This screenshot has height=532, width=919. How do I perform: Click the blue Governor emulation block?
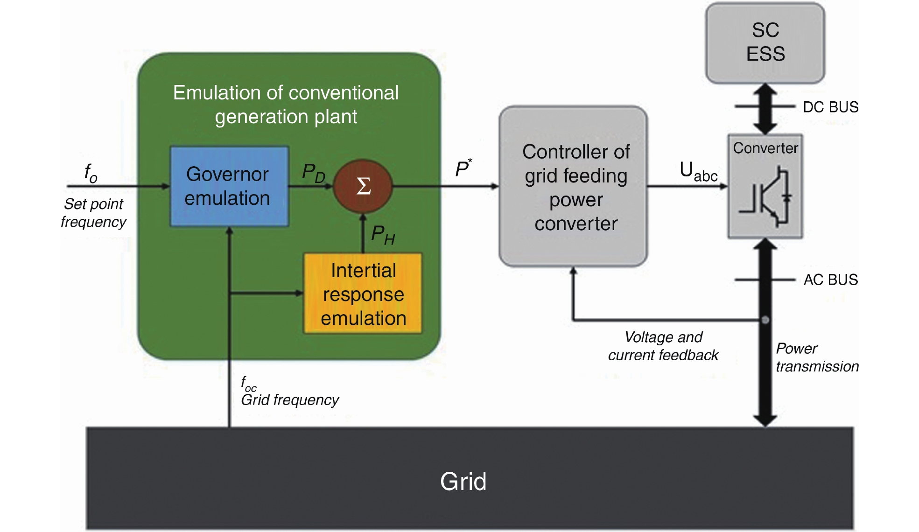pyautogui.click(x=229, y=186)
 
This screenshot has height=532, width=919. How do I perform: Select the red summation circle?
pyautogui.click(x=363, y=186)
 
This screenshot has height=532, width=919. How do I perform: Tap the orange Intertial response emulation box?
pyautogui.click(x=363, y=294)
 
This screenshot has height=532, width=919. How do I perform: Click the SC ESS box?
pyautogui.click(x=765, y=42)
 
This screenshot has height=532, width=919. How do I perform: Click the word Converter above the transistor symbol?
pyautogui.click(x=765, y=148)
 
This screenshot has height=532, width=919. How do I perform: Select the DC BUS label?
pyautogui.click(x=830, y=107)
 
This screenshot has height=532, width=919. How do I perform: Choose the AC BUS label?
pyautogui.click(x=830, y=280)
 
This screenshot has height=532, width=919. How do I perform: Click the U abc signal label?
pyautogui.click(x=698, y=172)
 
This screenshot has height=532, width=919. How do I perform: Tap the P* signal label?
pyautogui.click(x=463, y=168)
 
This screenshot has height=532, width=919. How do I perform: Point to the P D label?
pyautogui.click(x=313, y=173)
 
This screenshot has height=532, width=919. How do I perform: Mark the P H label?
pyautogui.click(x=383, y=234)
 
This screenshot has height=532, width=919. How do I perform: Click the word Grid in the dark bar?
pyautogui.click(x=463, y=481)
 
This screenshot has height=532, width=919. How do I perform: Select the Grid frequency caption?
pyautogui.click(x=289, y=400)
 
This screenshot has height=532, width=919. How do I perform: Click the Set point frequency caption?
pyautogui.click(x=93, y=213)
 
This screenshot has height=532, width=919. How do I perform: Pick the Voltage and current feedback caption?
pyautogui.click(x=663, y=346)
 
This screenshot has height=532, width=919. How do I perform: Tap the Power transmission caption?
pyautogui.click(x=817, y=357)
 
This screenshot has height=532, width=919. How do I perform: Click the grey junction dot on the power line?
pyautogui.click(x=765, y=320)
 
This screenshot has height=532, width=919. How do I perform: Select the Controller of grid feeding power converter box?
pyautogui.click(x=573, y=187)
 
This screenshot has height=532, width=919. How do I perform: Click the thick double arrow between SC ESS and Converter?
pyautogui.click(x=765, y=109)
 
